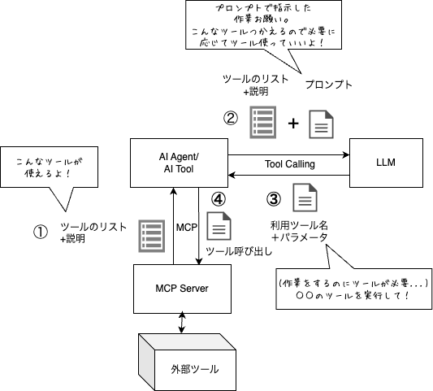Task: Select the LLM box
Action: click(x=386, y=163)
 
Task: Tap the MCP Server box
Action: click(x=183, y=289)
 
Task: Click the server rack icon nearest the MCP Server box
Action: click(x=152, y=235)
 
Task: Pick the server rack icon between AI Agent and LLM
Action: click(x=262, y=122)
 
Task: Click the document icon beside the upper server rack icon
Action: click(x=321, y=124)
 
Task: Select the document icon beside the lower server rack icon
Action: click(x=218, y=225)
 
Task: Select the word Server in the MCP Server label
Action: click(x=201, y=289)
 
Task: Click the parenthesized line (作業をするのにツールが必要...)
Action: click(x=353, y=282)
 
